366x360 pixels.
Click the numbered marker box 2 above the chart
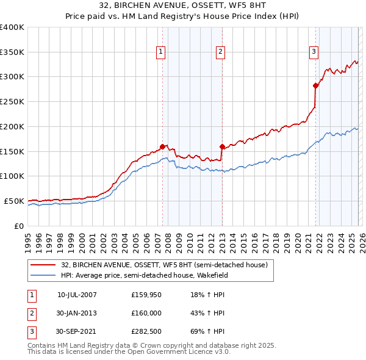click(x=220, y=52)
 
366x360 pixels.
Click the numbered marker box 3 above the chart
click(x=314, y=52)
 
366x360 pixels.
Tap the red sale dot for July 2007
click(x=162, y=146)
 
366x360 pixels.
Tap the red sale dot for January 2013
click(x=221, y=146)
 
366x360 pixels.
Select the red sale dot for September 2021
click(x=315, y=85)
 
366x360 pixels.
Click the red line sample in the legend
click(x=43, y=265)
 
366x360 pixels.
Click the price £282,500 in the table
click(x=146, y=331)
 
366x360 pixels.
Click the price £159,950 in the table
click(x=146, y=295)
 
